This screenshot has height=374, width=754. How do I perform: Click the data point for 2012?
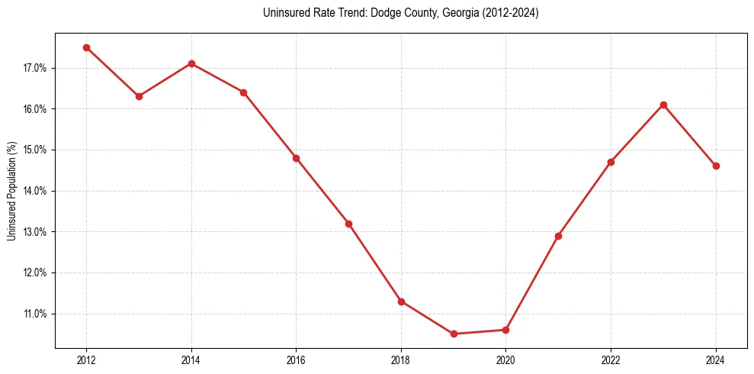[x=86, y=47]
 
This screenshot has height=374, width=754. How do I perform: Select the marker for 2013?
[x=139, y=96]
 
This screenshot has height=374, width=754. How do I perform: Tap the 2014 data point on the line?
[x=191, y=63]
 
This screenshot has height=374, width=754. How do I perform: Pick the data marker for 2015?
[x=243, y=92]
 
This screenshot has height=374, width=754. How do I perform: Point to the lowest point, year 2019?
[x=454, y=334]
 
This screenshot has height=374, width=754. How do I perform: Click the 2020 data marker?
[x=505, y=330]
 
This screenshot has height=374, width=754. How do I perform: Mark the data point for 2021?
[x=558, y=236]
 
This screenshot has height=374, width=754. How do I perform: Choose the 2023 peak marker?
[x=663, y=105]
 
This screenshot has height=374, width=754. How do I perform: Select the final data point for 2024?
[x=716, y=166]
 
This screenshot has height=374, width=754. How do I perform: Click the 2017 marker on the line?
[x=348, y=224]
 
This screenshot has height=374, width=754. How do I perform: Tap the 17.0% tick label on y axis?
[x=35, y=68]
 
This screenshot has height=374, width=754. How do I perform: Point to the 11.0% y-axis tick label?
[x=35, y=314]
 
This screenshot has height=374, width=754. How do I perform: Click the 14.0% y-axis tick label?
[x=35, y=191]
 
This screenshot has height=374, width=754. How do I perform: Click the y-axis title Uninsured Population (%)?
[x=11, y=191]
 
